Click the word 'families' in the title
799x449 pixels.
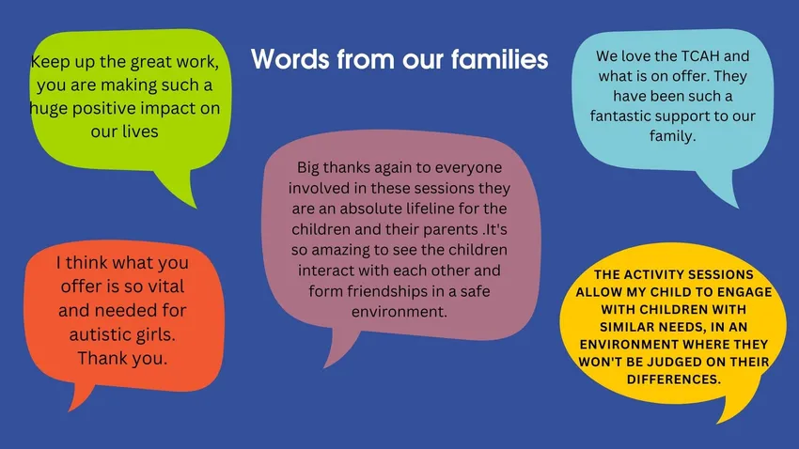click(x=499, y=59)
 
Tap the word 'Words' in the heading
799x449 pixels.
click(x=290, y=59)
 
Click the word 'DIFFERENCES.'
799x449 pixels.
click(x=674, y=379)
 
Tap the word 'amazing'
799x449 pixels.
click(x=337, y=250)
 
